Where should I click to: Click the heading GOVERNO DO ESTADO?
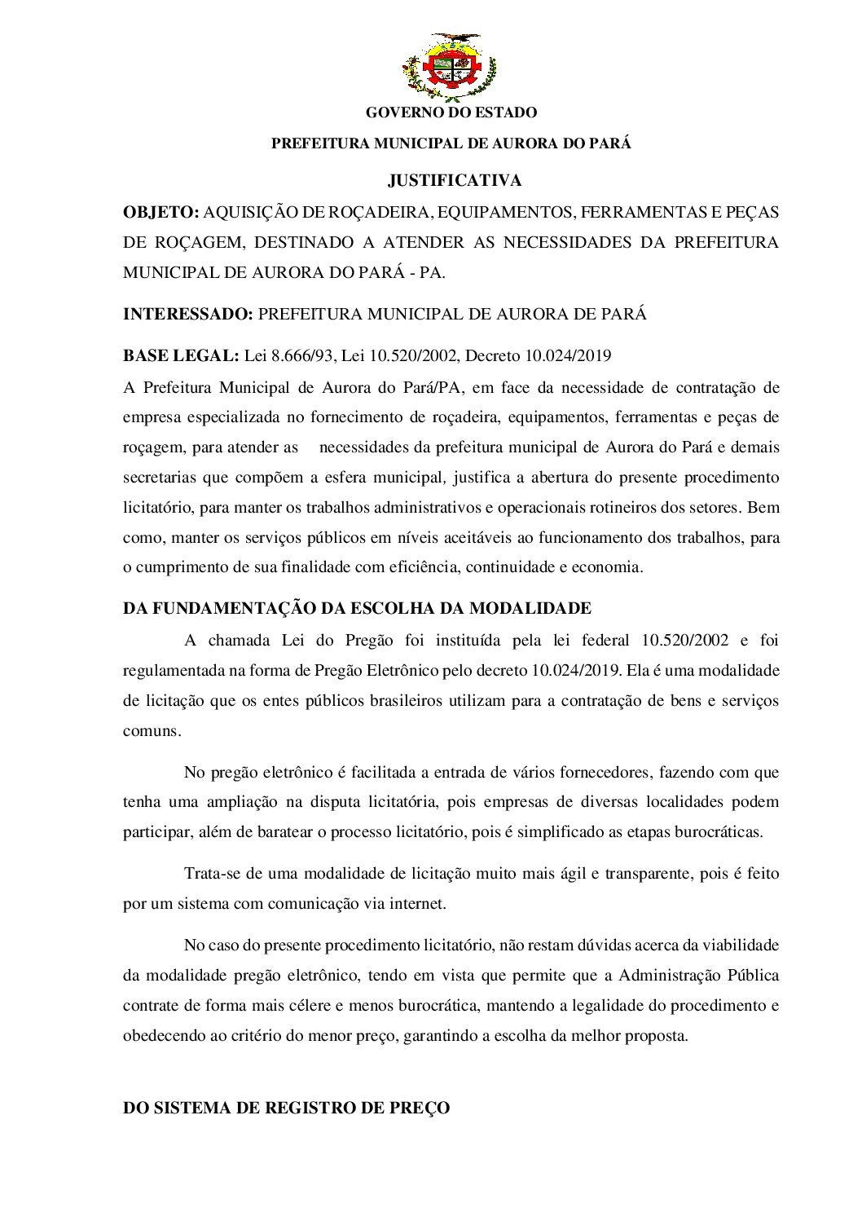coord(451,112)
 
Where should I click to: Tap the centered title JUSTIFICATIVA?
coord(455,180)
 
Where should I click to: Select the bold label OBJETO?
coord(161,213)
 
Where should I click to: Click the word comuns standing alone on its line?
coord(152,730)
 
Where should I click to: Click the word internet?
coord(419,903)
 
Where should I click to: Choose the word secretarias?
coord(157,477)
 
